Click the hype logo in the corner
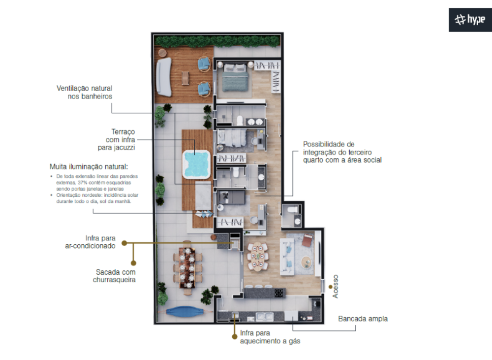(470, 20)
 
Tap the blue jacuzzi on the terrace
(196, 164)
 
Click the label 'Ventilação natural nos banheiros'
(84, 93)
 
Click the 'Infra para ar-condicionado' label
(91, 242)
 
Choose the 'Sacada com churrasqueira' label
(114, 276)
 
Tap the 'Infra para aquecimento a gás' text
(270, 337)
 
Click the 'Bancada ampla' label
(363, 319)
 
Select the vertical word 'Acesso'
(336, 286)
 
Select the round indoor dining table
(257, 256)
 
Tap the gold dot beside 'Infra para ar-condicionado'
(124, 243)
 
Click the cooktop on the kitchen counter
(278, 293)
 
